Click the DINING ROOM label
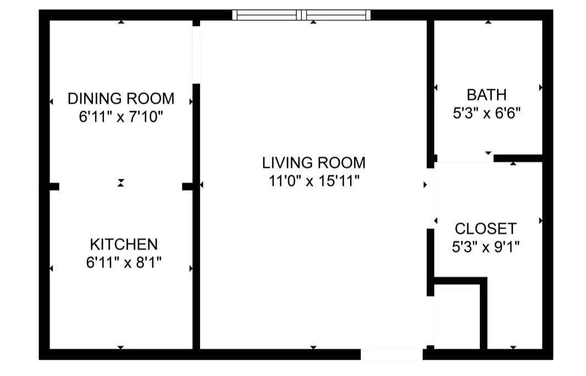pos(121,99)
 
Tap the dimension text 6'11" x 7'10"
pos(121,117)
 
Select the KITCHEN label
pos(124,244)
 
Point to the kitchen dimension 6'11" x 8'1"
pos(124,263)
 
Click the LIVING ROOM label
pos(313,163)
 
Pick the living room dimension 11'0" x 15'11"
pos(313,181)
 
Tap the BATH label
pos(487,95)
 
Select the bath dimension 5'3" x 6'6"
pos(487,113)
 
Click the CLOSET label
pos(485,228)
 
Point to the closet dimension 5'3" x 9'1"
pos(485,247)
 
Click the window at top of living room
pos(301,15)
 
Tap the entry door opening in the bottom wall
pos(392,355)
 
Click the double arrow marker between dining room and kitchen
pos(121,183)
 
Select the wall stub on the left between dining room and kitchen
pos(54,187)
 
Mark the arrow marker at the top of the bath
pos(488,22)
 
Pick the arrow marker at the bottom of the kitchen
pos(121,347)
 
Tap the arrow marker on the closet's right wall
pos(541,220)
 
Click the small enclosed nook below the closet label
pos(457,316)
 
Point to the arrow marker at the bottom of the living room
pos(313,347)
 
